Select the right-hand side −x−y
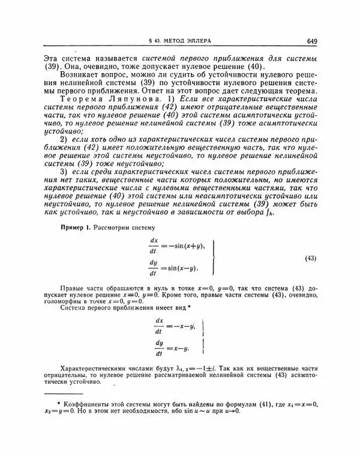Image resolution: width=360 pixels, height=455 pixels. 182,327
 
